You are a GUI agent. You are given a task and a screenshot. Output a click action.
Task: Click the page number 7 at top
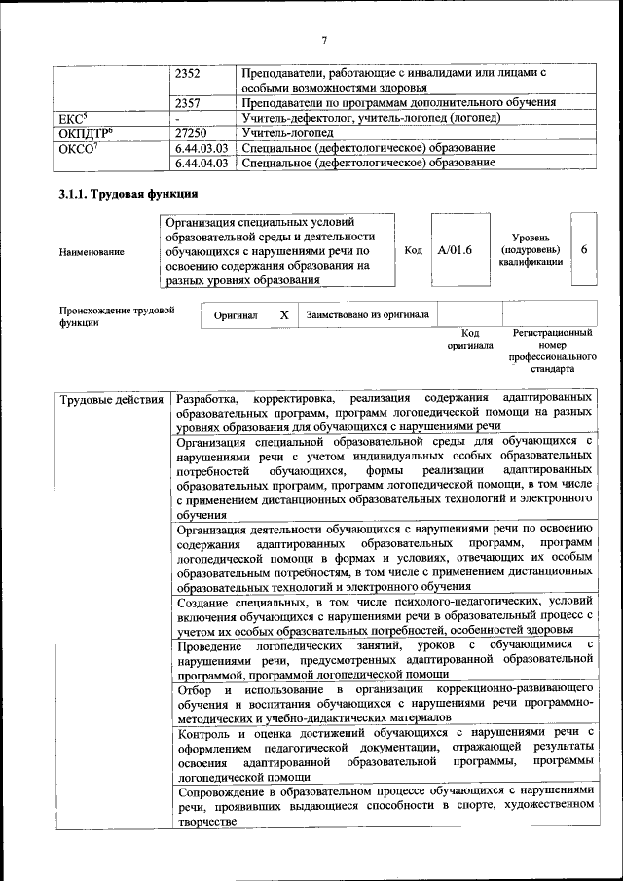point(324,40)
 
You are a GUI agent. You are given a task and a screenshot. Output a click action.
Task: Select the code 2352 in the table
point(189,73)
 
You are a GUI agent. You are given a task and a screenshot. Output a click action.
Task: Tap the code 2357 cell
point(189,102)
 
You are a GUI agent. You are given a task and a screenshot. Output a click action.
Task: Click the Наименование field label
point(92,251)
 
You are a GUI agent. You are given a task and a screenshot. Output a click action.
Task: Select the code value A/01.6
point(455,250)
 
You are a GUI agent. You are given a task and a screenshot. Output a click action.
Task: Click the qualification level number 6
point(584,249)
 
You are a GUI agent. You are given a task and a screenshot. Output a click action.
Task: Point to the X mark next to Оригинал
point(283,314)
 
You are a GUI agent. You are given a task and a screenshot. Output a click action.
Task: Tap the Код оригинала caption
point(470,339)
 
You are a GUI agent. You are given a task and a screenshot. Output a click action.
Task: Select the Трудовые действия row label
point(111,400)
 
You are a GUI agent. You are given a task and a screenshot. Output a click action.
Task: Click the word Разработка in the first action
point(206,400)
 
